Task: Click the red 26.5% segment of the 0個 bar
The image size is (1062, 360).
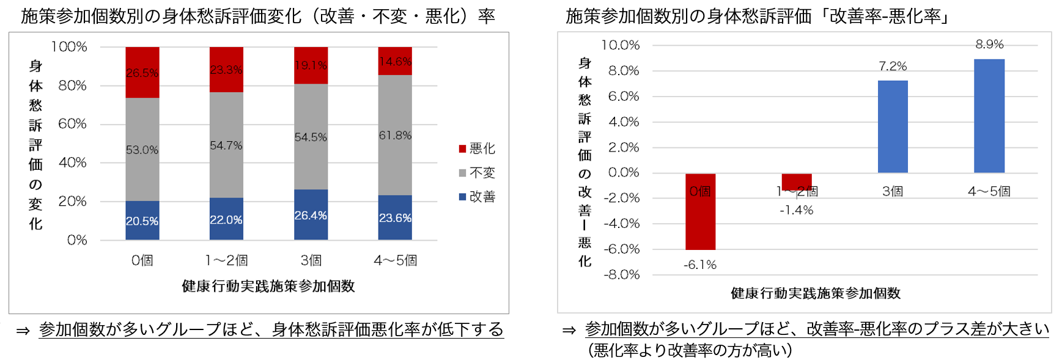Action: pos(142,72)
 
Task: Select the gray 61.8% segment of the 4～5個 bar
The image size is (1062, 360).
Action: pos(395,135)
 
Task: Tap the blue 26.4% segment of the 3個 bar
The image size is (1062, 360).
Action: pos(311,215)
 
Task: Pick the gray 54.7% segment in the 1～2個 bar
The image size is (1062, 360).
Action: pos(226,145)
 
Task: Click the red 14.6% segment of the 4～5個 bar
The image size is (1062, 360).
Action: pos(395,61)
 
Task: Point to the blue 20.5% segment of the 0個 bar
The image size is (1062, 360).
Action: pos(142,221)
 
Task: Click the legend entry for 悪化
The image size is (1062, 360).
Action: pos(477,149)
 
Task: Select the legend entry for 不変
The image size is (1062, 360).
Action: pos(477,173)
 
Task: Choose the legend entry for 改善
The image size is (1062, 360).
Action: pos(477,197)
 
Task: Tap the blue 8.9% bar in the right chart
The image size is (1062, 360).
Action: pos(989,116)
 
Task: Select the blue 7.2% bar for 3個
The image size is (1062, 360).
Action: pos(893,127)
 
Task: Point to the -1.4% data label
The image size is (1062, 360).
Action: pos(796,210)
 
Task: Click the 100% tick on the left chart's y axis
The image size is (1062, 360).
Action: pos(69,47)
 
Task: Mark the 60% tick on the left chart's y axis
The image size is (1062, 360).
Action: pos(72,124)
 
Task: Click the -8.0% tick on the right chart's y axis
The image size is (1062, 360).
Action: pos(621,274)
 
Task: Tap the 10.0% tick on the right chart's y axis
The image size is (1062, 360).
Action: pos(620,45)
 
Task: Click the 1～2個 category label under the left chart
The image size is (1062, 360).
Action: pos(226,260)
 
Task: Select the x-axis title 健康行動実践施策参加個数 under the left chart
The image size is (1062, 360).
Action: pos(268,286)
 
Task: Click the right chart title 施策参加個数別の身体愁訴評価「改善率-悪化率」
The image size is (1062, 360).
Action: pos(758,16)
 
